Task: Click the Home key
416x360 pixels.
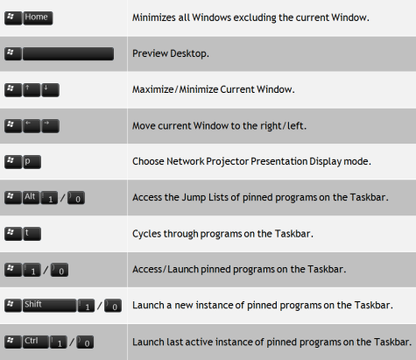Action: point(39,18)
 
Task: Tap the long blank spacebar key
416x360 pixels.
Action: point(68,53)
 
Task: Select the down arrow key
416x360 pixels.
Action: point(50,89)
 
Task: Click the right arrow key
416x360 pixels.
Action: point(50,125)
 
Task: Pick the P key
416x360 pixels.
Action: point(32,161)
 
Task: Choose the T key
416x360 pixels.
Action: point(32,233)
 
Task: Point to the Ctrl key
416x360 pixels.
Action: point(37,341)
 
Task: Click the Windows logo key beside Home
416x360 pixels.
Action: point(12,18)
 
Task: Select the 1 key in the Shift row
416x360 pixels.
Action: point(86,306)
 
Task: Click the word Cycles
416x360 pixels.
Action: point(148,233)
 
